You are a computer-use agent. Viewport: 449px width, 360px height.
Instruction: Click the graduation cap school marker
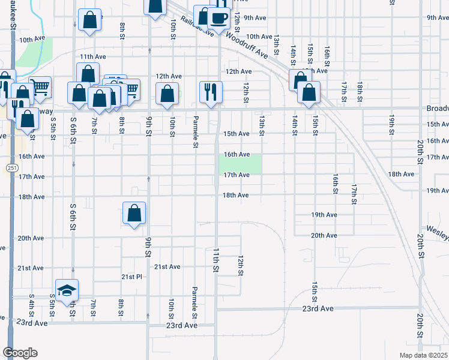[x=67, y=290]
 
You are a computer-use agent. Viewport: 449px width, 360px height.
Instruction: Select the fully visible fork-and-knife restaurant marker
[x=211, y=92]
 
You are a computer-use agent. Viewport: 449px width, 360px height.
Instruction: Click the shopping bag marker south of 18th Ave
[x=134, y=212]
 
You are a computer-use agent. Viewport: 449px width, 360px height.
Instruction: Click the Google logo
[x=20, y=353]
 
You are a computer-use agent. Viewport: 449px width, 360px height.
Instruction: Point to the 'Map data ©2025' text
[x=423, y=355]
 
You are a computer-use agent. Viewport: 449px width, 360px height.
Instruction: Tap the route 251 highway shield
[x=12, y=167]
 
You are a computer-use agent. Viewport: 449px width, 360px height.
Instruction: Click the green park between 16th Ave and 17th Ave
[x=241, y=164]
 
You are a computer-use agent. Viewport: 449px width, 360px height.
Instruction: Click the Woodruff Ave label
[x=246, y=44]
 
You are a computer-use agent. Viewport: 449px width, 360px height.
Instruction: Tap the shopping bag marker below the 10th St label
[x=167, y=94]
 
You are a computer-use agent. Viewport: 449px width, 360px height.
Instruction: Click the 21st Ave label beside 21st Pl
[x=167, y=266]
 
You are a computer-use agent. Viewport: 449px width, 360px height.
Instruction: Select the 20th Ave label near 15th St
[x=324, y=235]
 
